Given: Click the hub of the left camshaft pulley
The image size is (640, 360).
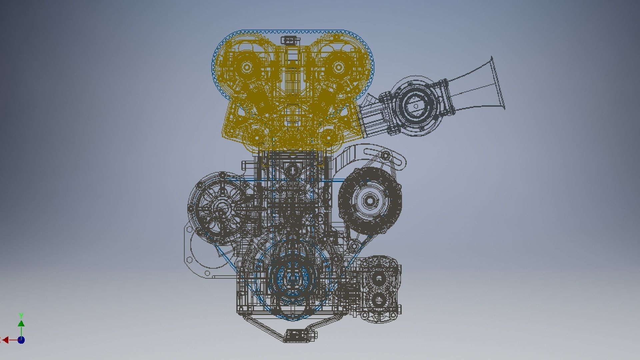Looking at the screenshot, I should [x=247, y=67].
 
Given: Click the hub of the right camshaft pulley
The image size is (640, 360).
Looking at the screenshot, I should [x=338, y=67].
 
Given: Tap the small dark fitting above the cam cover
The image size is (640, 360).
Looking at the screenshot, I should [x=289, y=41].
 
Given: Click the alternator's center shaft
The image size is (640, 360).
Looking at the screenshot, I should [x=369, y=200].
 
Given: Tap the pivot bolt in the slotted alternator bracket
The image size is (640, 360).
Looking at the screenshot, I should [x=385, y=155].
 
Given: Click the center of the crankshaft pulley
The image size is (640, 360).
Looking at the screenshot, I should [x=292, y=277].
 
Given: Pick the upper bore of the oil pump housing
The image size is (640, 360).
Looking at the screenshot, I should [x=379, y=279].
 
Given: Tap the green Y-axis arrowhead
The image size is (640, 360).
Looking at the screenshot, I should [x=21, y=324].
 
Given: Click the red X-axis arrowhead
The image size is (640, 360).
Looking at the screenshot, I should [x=5, y=340].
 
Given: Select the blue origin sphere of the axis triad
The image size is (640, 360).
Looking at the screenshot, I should [x=21, y=340].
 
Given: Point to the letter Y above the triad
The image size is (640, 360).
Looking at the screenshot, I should [x=21, y=315].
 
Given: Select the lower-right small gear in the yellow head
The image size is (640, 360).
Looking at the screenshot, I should [x=328, y=137].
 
